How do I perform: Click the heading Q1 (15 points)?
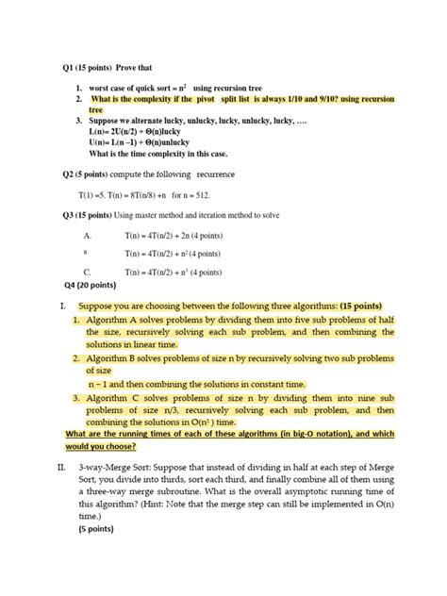(87, 68)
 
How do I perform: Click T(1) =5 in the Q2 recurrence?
(93, 195)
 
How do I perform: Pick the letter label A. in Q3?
(87, 236)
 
